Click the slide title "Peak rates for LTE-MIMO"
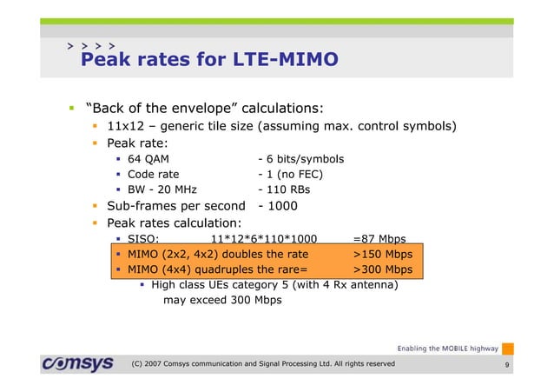(x=208, y=60)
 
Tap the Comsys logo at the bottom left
(x=76, y=363)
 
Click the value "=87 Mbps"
(x=379, y=239)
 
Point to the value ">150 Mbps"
(x=383, y=255)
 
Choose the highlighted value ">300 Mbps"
(x=383, y=269)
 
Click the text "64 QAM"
(x=148, y=159)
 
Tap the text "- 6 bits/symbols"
(x=300, y=159)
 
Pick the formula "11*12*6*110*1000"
(x=264, y=239)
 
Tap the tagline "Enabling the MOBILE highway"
(x=447, y=348)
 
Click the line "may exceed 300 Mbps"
(x=222, y=300)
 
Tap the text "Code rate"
(x=154, y=174)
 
